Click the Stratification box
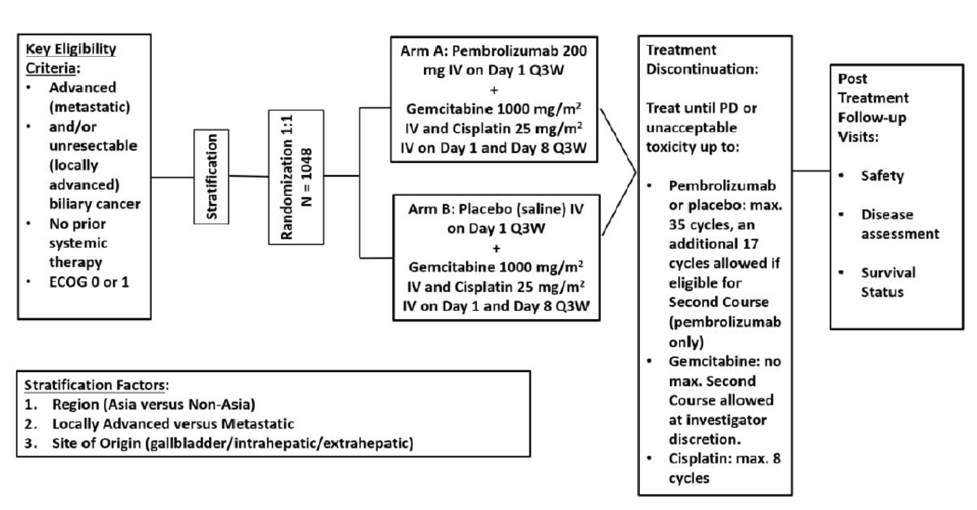click(211, 177)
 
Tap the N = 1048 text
click(307, 177)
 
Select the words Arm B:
click(431, 209)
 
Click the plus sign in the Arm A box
click(494, 90)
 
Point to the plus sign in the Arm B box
click(496, 249)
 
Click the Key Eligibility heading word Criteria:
click(53, 68)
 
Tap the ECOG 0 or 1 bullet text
click(89, 282)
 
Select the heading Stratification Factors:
click(96, 385)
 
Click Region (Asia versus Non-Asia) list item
click(153, 405)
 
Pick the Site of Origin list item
click(232, 443)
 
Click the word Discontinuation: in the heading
click(702, 69)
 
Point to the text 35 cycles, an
click(711, 225)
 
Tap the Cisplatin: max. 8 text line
click(724, 459)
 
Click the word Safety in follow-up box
click(882, 176)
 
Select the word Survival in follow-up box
click(888, 273)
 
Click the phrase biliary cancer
click(95, 204)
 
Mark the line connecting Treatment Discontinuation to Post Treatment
click(811, 171)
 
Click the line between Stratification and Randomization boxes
click(248, 176)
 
